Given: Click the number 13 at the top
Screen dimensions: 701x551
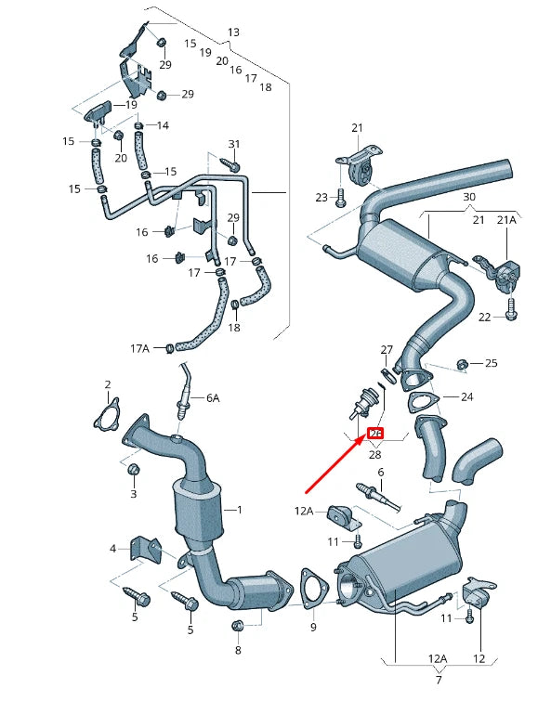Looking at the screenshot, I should coord(233,32).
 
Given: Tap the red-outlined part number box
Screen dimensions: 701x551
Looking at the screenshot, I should coord(376,434).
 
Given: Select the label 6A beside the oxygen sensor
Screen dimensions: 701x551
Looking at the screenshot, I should coord(213,397).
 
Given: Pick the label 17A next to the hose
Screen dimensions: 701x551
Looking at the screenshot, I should coord(139,348).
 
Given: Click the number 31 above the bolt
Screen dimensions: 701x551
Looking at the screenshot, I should coord(234,144).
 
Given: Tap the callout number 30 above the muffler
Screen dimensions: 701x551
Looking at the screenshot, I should coord(468,198).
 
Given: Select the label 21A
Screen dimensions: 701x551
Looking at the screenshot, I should coord(505,219).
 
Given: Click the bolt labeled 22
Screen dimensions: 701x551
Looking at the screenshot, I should coord(511,316).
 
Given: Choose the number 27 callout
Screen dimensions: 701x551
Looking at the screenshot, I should coord(387,349).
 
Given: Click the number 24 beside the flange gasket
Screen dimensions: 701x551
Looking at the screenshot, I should coord(467,396).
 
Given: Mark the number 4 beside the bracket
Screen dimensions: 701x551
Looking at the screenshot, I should coord(112,549).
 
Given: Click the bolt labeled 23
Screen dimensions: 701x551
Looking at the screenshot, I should coord(340,197).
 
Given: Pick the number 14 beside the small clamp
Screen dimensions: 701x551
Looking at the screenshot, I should coord(163,125).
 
